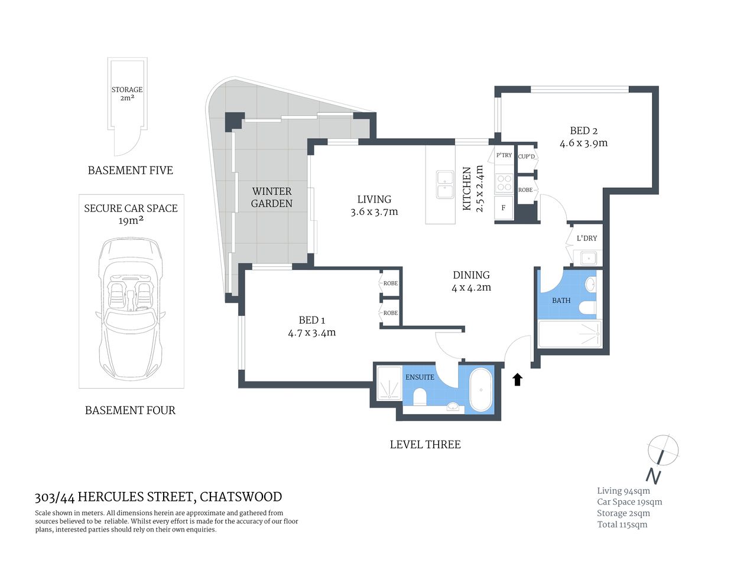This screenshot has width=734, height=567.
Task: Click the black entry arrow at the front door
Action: (x=517, y=379)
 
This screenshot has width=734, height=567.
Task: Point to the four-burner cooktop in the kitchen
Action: (x=504, y=183)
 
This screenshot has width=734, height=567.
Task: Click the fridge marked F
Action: (x=504, y=208)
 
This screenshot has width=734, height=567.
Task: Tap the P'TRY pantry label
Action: (x=504, y=155)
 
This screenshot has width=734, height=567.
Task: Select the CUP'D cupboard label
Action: (x=526, y=157)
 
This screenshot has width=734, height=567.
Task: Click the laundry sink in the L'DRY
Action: (x=587, y=258)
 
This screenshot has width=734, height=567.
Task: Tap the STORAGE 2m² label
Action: (x=127, y=94)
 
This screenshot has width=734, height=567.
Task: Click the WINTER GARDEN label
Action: (x=272, y=197)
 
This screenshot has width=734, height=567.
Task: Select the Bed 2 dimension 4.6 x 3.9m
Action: (x=583, y=143)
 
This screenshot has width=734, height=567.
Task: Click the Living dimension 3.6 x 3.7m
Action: (x=374, y=211)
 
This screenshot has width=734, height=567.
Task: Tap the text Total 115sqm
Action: (x=622, y=524)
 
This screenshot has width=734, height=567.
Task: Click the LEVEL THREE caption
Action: (x=425, y=445)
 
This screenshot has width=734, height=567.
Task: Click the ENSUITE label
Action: (x=420, y=377)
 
